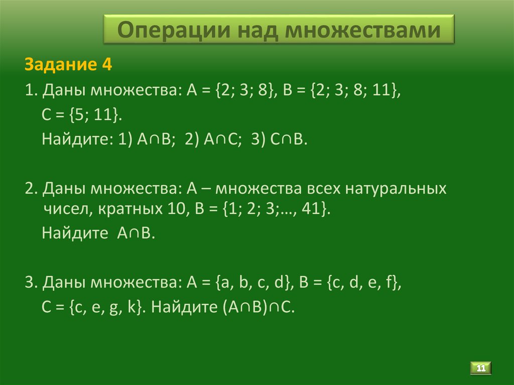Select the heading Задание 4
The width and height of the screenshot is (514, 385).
[x=67, y=65]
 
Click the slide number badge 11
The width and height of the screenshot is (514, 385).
[x=481, y=368]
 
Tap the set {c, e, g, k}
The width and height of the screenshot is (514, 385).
[x=100, y=307]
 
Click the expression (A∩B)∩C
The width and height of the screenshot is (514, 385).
[x=254, y=307]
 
